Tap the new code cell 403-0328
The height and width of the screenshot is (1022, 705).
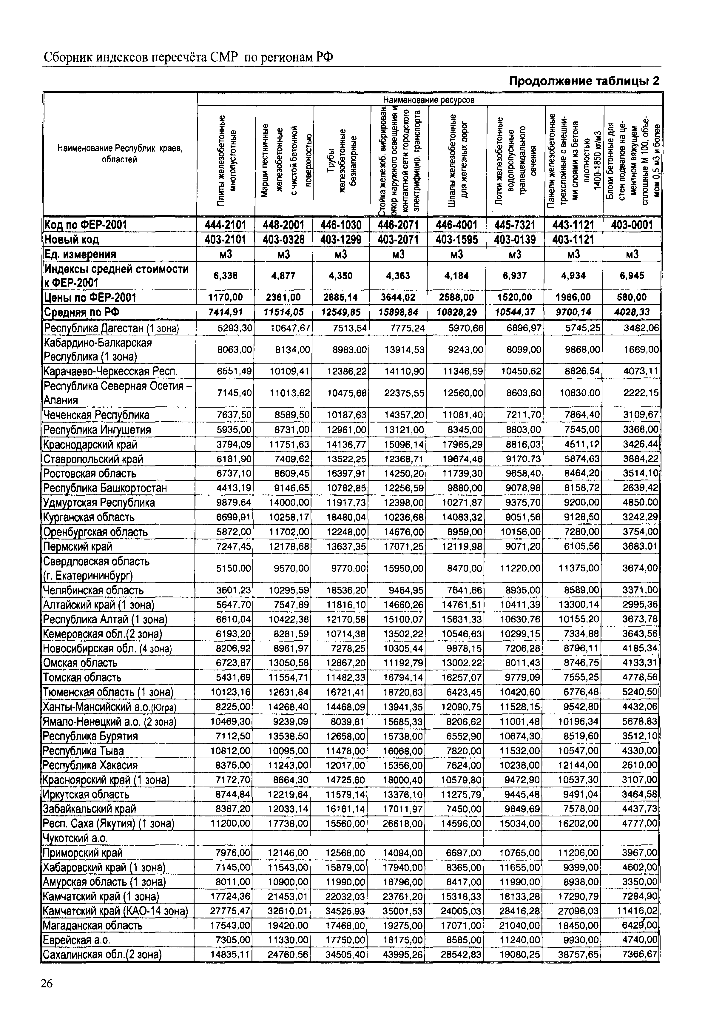pos(284,239)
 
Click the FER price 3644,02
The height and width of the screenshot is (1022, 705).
pos(398,297)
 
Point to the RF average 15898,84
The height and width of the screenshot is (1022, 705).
pos(398,312)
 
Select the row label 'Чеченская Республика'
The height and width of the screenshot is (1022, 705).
pos(96,415)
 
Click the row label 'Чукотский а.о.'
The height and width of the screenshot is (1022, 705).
pos(75,838)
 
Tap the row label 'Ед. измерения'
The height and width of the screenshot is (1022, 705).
pos(80,255)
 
